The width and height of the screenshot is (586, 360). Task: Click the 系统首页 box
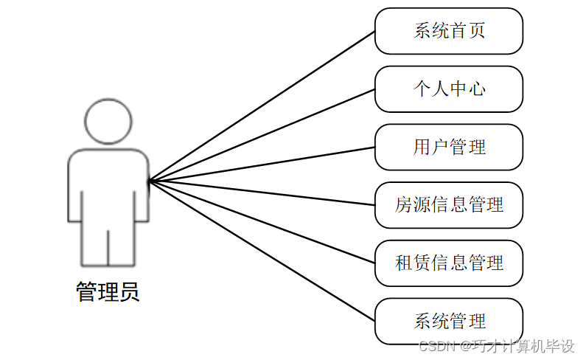[x=449, y=31]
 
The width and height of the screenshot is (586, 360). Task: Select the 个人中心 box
[x=449, y=89]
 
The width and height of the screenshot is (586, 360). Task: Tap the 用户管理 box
[x=449, y=147]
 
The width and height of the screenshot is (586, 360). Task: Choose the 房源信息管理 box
[x=449, y=205]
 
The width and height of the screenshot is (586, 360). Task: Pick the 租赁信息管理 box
[x=449, y=263]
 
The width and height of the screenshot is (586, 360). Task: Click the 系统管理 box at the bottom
[x=449, y=321]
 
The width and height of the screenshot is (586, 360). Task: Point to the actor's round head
[x=108, y=120]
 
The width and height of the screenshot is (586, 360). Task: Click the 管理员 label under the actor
[x=108, y=292]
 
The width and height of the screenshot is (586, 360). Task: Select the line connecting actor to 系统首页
[x=262, y=105]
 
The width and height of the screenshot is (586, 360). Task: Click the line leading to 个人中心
[x=262, y=135]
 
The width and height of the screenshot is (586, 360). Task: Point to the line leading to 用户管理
[x=262, y=164]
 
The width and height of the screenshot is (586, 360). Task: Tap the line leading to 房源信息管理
[x=262, y=193]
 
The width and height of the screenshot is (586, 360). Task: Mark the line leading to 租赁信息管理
[x=262, y=221]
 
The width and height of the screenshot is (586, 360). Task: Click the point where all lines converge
[x=150, y=180]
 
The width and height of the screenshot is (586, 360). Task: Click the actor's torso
[x=108, y=184]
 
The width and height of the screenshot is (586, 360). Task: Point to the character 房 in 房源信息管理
[x=403, y=205]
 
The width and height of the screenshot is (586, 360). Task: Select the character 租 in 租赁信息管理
[x=403, y=263]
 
